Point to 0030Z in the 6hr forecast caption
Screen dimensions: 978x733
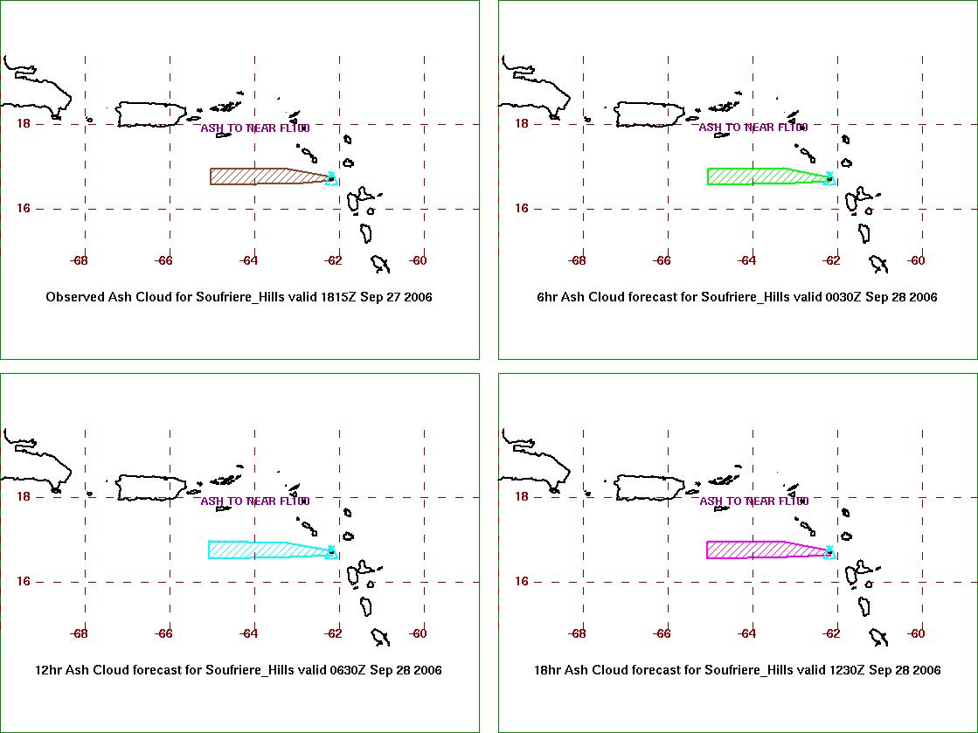(843, 297)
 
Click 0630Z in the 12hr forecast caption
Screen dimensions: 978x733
(347, 670)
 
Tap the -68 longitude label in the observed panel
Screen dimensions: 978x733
(80, 260)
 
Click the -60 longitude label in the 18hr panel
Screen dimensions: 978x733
(916, 634)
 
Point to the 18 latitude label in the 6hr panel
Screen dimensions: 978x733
(522, 123)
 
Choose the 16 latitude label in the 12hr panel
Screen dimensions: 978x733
(23, 581)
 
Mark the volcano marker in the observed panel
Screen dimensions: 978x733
(332, 178)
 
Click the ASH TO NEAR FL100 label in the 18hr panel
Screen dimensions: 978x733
(754, 501)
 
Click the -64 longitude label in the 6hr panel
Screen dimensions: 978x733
(746, 260)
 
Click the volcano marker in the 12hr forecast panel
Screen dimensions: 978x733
(332, 551)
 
